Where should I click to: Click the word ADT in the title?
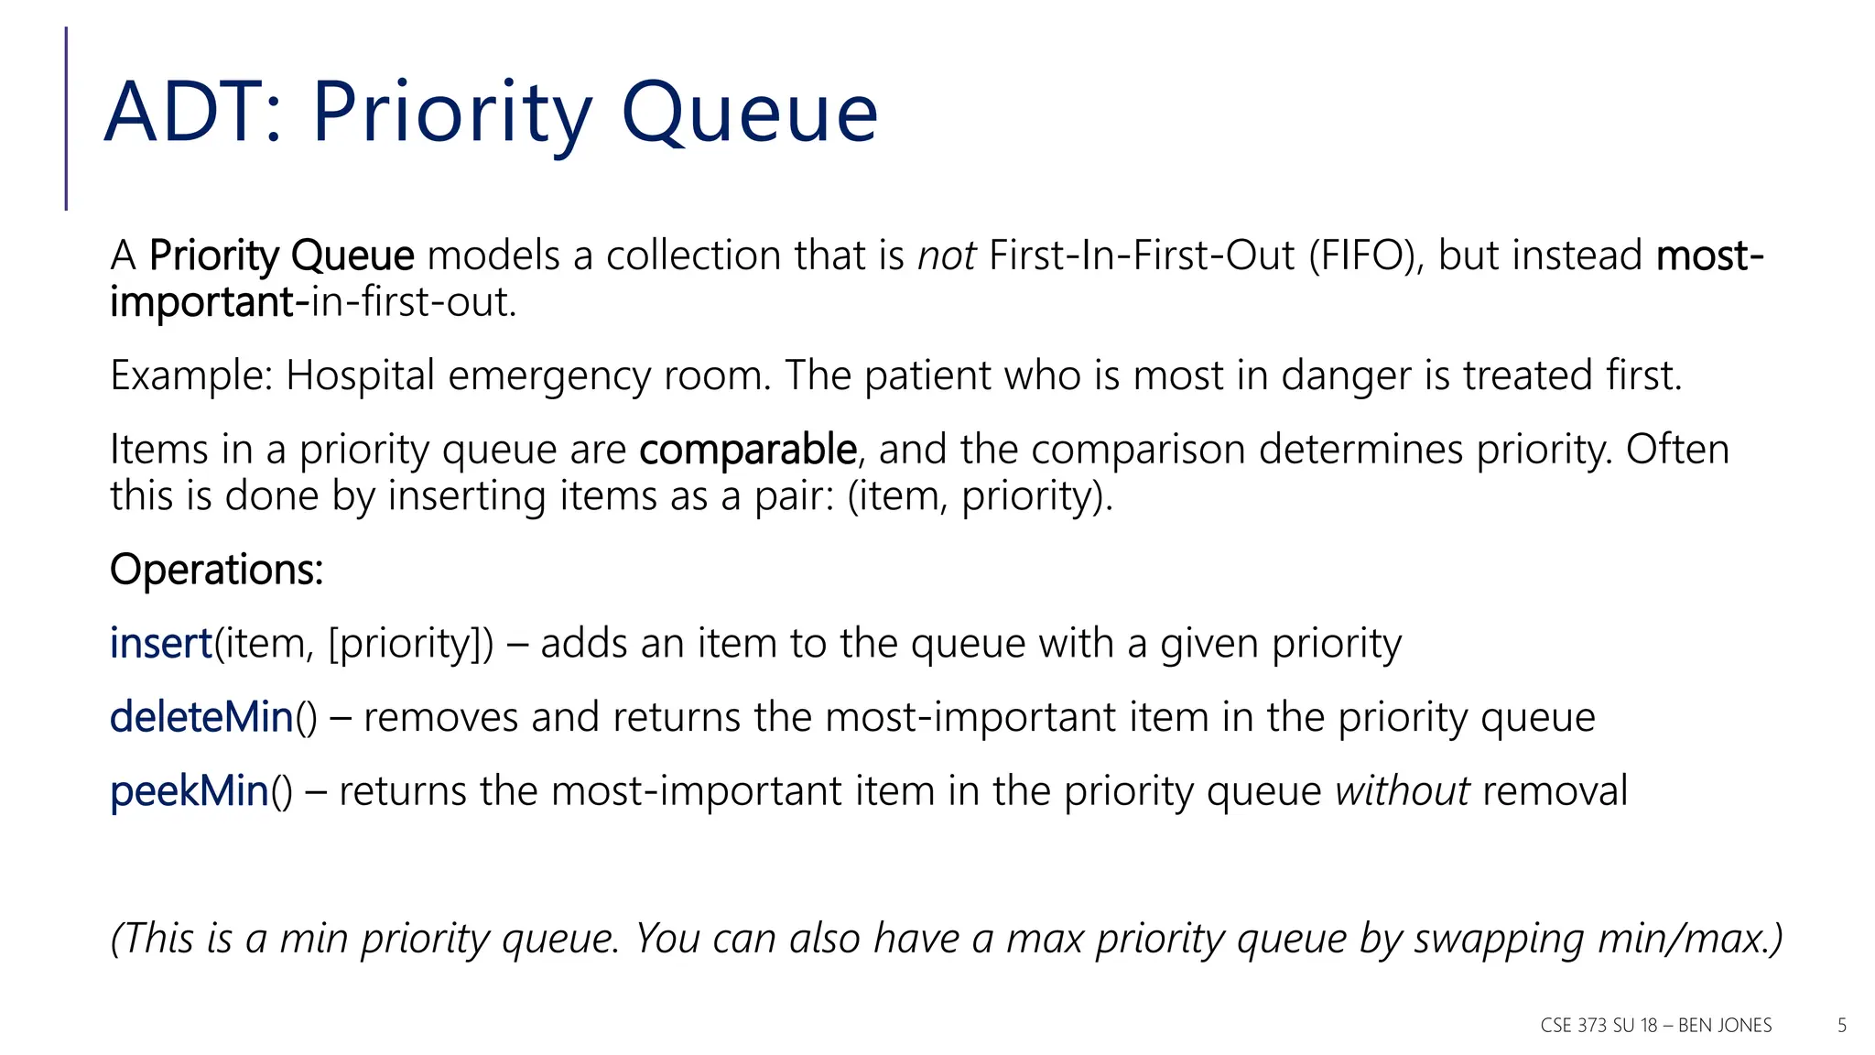184,113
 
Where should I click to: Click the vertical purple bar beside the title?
66,119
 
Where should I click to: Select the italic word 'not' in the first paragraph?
947,256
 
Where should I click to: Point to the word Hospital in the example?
360,375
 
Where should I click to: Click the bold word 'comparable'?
747,450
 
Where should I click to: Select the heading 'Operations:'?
216,570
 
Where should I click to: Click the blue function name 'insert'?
161,643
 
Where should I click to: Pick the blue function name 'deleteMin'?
201,717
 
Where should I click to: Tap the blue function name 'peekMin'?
190,791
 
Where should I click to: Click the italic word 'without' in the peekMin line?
1402,791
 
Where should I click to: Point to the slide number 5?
1842,1026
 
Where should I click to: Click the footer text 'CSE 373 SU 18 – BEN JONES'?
1655,1026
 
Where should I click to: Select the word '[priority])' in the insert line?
410,644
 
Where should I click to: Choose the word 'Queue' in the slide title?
750,113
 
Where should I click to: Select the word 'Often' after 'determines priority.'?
1677,450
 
